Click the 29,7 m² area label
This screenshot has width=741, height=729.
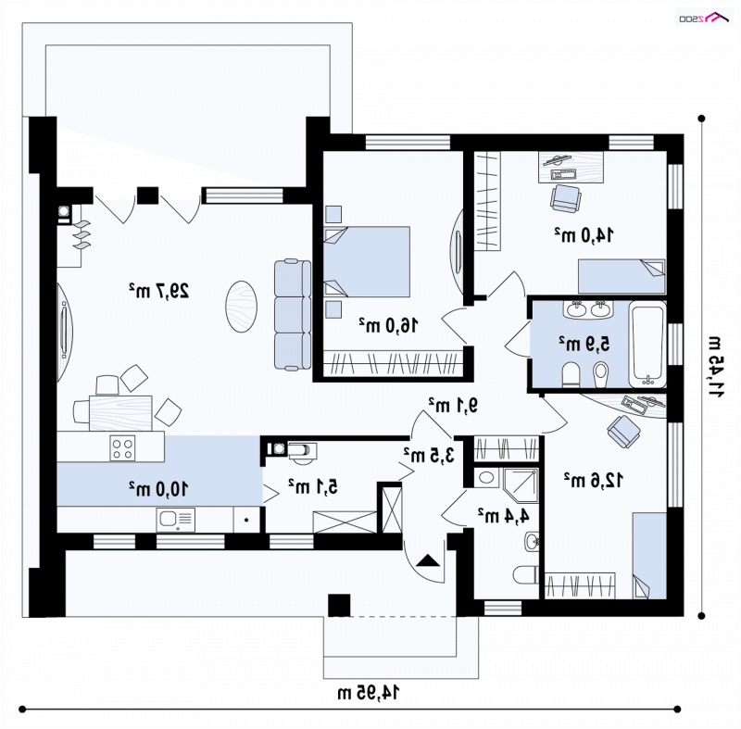158,290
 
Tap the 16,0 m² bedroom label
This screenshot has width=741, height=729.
388,325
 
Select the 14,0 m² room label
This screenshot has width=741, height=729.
584,234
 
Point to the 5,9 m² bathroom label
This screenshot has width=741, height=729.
584,344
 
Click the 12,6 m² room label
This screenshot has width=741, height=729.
593,480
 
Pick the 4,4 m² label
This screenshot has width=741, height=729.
503,515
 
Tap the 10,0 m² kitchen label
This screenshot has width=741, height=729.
158,488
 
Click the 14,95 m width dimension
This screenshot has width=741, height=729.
368,693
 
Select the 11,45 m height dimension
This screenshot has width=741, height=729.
714,367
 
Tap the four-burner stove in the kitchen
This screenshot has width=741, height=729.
122,448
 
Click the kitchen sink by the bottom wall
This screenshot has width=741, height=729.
175,520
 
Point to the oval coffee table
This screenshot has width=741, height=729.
242,307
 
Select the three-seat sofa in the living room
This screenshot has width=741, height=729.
293,314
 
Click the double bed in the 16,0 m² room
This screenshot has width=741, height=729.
367,262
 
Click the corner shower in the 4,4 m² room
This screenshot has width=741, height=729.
521,484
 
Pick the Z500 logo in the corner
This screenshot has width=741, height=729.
704,17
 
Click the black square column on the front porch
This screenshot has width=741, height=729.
339,605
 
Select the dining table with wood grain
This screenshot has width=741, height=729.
120,413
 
